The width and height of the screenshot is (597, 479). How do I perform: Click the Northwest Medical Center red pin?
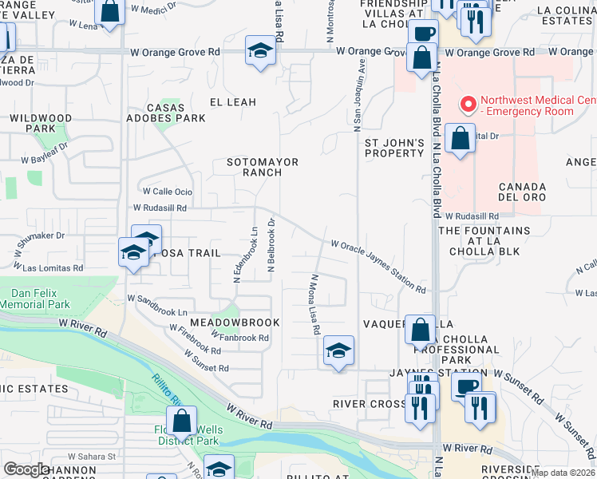pos(467,105)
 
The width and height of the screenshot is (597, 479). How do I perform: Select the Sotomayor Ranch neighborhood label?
pos(262,167)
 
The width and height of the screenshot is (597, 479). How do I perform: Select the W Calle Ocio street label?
pos(168,192)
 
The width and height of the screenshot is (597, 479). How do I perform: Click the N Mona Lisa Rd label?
pos(315,304)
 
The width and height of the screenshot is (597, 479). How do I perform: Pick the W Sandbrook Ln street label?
pos(157,304)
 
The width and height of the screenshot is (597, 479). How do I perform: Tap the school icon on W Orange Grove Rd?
pos(260,50)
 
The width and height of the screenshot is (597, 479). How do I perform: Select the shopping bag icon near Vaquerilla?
pos(420,328)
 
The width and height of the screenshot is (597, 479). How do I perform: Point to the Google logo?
pos(27,469)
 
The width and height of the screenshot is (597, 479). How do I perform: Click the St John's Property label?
pos(393,147)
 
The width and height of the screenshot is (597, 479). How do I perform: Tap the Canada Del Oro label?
pos(522,192)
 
